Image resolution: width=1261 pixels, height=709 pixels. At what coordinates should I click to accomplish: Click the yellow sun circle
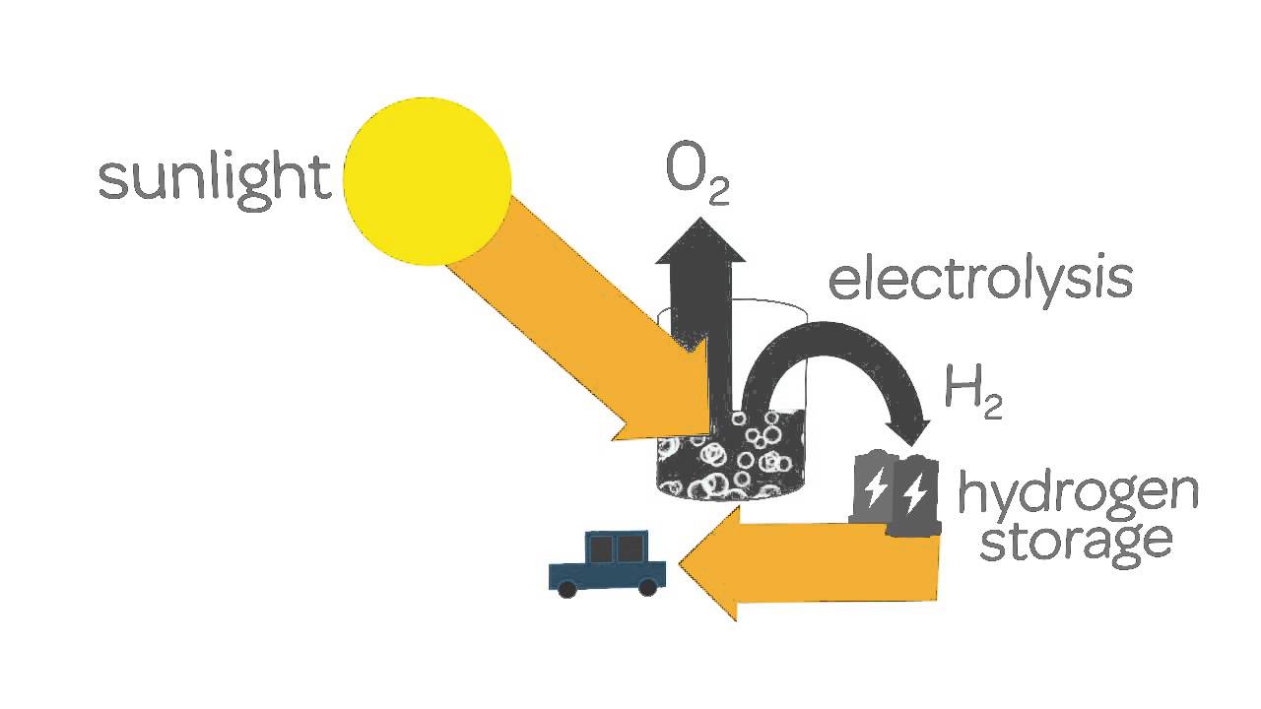[x=428, y=181]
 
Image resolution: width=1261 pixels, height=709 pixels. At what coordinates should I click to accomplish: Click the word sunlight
[x=215, y=180]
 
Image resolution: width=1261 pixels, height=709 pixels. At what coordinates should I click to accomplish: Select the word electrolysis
[x=980, y=280]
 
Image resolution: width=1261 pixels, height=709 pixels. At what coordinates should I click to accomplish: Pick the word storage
[x=1075, y=541]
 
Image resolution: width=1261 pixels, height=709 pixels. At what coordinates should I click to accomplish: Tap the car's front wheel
[x=567, y=589]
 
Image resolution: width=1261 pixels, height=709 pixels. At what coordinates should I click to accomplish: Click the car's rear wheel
[x=647, y=588]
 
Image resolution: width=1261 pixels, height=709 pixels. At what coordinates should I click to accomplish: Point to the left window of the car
[x=600, y=548]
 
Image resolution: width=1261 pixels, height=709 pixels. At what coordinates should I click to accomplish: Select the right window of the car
[x=630, y=548]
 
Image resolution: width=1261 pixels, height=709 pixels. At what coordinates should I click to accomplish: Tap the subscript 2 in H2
[x=991, y=409]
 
